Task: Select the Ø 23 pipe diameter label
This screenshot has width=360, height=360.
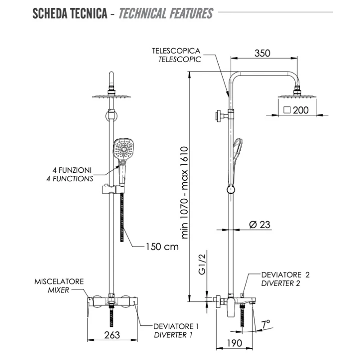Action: pos(260,224)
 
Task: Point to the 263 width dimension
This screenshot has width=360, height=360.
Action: pos(112,335)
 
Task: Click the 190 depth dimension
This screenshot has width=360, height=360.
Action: pos(234,342)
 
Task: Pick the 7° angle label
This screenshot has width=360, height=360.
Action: pos(266,324)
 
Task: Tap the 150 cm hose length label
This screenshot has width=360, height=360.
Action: pos(162,246)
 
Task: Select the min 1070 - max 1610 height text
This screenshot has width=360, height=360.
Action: pos(186,192)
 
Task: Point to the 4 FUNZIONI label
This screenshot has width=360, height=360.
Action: pos(72,171)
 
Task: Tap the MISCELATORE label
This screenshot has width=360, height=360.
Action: pos(59,282)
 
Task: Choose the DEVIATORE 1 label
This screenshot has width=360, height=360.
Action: pos(176,326)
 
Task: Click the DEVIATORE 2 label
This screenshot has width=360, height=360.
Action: pos(286,274)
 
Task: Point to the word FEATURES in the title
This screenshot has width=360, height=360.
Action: pos(191,13)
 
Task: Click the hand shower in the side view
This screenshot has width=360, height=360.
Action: pos(237,153)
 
